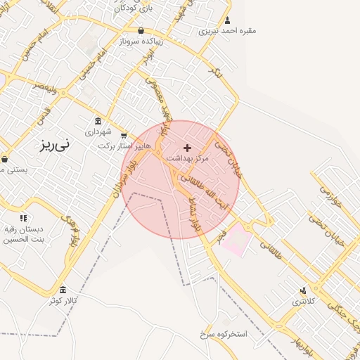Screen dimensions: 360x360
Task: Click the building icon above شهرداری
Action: click(x=98, y=121)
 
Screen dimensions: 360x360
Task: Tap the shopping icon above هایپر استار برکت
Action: click(x=124, y=135)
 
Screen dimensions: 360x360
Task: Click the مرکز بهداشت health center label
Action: click(x=188, y=159)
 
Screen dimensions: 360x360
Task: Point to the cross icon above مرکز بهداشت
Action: click(x=187, y=148)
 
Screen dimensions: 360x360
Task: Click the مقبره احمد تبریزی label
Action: click(x=228, y=30)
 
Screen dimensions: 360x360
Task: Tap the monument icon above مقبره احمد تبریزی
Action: click(x=228, y=20)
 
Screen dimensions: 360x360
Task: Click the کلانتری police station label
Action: click(x=304, y=301)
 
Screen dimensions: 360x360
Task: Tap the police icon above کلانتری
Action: click(x=304, y=290)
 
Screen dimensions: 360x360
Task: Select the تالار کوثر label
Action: click(x=63, y=301)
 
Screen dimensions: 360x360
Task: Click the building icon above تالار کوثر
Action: click(x=63, y=290)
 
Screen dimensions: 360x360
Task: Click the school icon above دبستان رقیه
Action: click(x=23, y=218)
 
